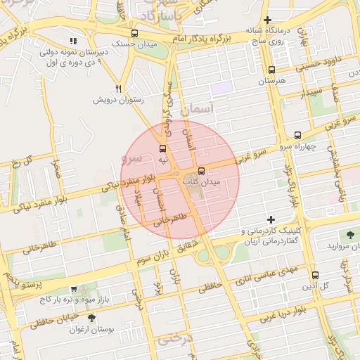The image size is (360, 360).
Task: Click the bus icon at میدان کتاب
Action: (202, 171)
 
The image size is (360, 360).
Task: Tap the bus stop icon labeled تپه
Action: (163, 148)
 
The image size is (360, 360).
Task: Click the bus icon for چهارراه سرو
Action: (297, 135)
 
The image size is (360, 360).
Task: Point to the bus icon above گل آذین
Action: (314, 275)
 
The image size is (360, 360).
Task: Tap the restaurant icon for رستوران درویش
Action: (119, 89)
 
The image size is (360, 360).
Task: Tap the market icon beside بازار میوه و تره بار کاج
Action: (74, 289)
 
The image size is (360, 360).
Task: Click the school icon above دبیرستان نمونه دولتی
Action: (74, 41)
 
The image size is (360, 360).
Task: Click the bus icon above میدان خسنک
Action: (134, 33)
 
